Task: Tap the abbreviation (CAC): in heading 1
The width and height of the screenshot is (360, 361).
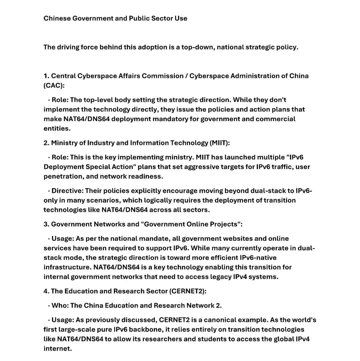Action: click(54, 85)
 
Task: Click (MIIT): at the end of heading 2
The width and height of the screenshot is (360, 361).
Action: click(220, 143)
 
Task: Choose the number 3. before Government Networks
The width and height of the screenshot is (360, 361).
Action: click(46, 224)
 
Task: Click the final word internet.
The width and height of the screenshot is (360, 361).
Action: click(57, 349)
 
